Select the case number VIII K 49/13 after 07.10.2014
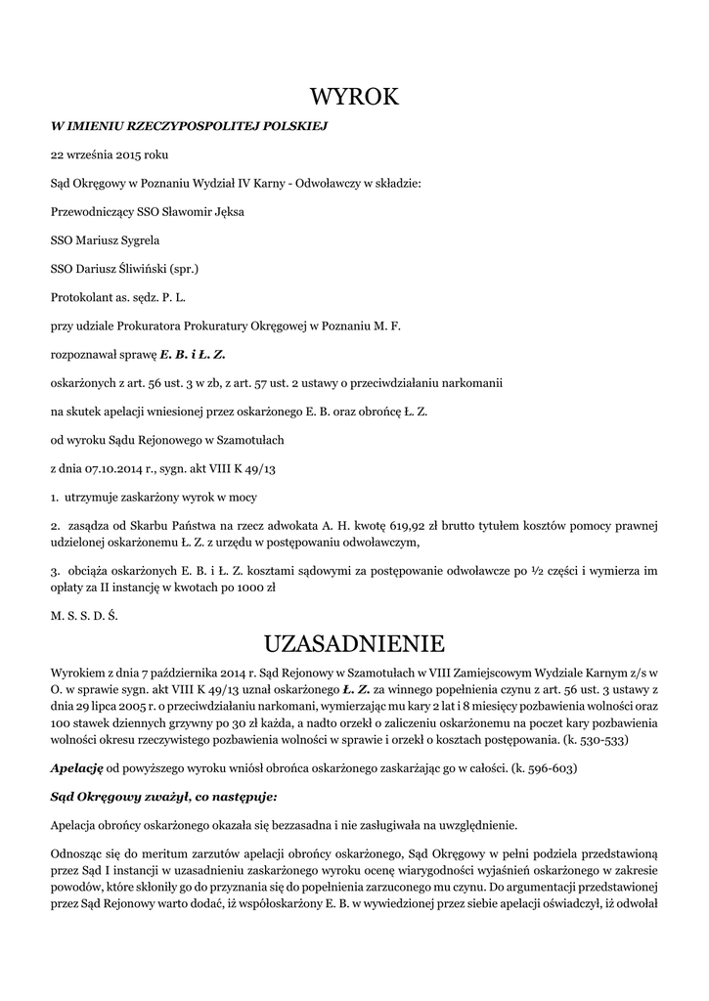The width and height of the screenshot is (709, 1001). [x=244, y=469]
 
